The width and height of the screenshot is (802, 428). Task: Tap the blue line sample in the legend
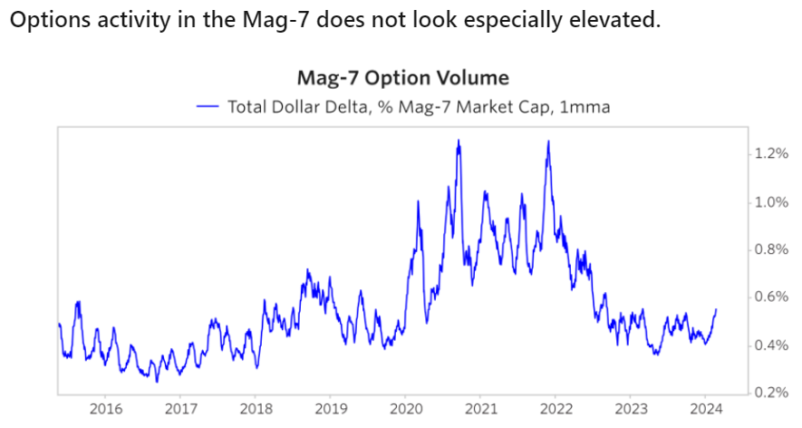click(208, 107)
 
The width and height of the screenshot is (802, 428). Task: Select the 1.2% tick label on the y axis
click(771, 154)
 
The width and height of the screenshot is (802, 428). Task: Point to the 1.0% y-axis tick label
click(771, 202)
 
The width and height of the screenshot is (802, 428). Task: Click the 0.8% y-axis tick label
click(771, 249)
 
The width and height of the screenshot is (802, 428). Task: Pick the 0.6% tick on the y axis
click(771, 297)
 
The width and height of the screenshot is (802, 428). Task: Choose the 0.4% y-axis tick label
click(771, 345)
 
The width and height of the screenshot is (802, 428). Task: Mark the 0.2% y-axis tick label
click(771, 393)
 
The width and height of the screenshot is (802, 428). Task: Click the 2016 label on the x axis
click(105, 409)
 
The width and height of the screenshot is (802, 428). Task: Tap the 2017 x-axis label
click(180, 409)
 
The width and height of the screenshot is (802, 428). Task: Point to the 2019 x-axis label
click(332, 409)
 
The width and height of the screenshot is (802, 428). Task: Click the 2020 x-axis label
click(407, 409)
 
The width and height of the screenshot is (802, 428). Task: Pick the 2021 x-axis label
click(482, 409)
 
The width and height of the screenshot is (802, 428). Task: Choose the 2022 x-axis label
click(558, 409)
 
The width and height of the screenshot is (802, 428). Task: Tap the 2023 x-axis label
click(633, 409)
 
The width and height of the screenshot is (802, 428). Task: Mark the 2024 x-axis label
click(709, 409)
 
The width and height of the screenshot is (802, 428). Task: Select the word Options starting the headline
click(43, 19)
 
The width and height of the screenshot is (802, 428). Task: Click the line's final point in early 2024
click(716, 310)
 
